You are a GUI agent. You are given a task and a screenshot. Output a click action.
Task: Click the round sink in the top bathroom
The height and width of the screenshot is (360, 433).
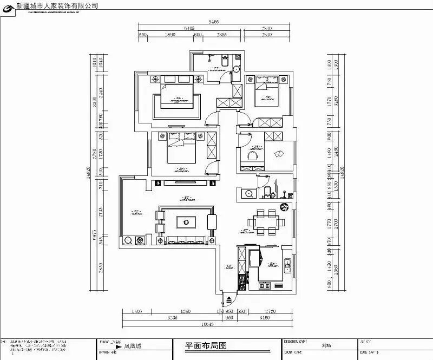pos(237,69)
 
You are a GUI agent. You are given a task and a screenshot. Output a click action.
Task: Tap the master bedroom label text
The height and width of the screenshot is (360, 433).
pos(178,101)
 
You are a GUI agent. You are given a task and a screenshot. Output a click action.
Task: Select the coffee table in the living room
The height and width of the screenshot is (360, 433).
pos(186,221)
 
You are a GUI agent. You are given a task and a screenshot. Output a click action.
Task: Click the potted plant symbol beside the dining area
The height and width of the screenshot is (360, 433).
pos(284,207)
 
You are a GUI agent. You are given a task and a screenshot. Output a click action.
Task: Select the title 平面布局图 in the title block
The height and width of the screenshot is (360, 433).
pos(205,345)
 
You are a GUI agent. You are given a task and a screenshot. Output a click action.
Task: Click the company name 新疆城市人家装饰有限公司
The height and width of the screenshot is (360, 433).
pos(57,5)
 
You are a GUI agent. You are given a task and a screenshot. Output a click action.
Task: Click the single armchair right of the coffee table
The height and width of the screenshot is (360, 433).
pos(211,221)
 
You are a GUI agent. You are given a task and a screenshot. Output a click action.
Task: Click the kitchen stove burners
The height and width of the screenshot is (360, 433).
pos(253,254)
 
